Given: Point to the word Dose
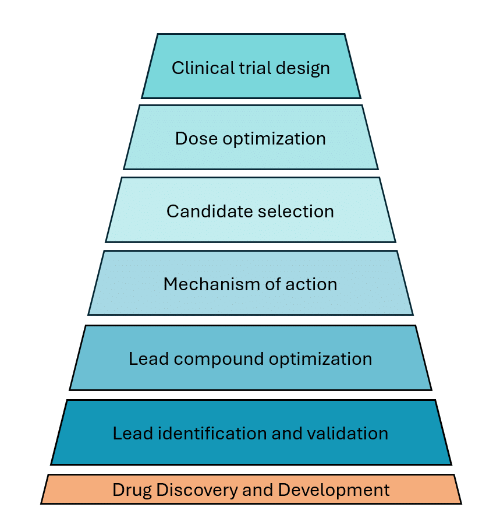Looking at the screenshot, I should pyautogui.click(x=195, y=139).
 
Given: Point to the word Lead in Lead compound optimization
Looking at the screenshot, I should pyautogui.click(x=144, y=358).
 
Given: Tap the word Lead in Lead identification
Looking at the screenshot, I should pyautogui.click(x=128, y=434).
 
